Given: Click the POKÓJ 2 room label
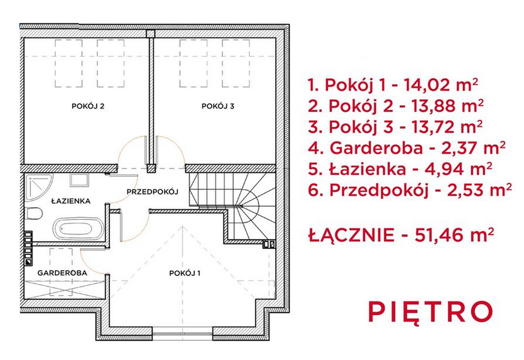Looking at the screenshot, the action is pos(88,107).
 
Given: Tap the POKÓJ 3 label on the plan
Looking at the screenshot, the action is pos(218,107).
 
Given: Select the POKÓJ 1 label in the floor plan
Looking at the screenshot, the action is pos(185,273).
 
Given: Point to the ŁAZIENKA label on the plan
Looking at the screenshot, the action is pos(71,201).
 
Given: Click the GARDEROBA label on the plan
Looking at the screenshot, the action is pos(62,273).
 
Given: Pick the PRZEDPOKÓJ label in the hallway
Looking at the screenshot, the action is pos(152,191).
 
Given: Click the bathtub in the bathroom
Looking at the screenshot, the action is pos(75,229).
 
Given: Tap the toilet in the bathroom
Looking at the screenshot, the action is pos(34,214).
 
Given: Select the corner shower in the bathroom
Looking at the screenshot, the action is pos(38,187).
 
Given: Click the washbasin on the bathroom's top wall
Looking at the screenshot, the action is pos(79,180).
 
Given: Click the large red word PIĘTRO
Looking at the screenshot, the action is pos(431,312).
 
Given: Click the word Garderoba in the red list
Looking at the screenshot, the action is pos(376,148).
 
